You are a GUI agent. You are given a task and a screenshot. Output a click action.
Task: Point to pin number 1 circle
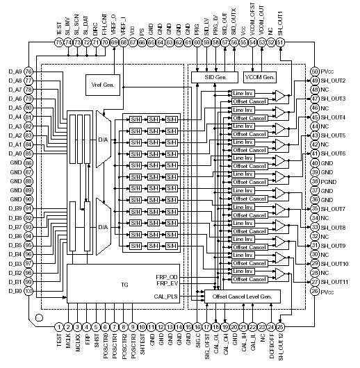coord(59,326)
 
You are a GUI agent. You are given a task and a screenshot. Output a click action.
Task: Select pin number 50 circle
coord(315,72)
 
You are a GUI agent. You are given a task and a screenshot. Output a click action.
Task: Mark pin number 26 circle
coord(315,291)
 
